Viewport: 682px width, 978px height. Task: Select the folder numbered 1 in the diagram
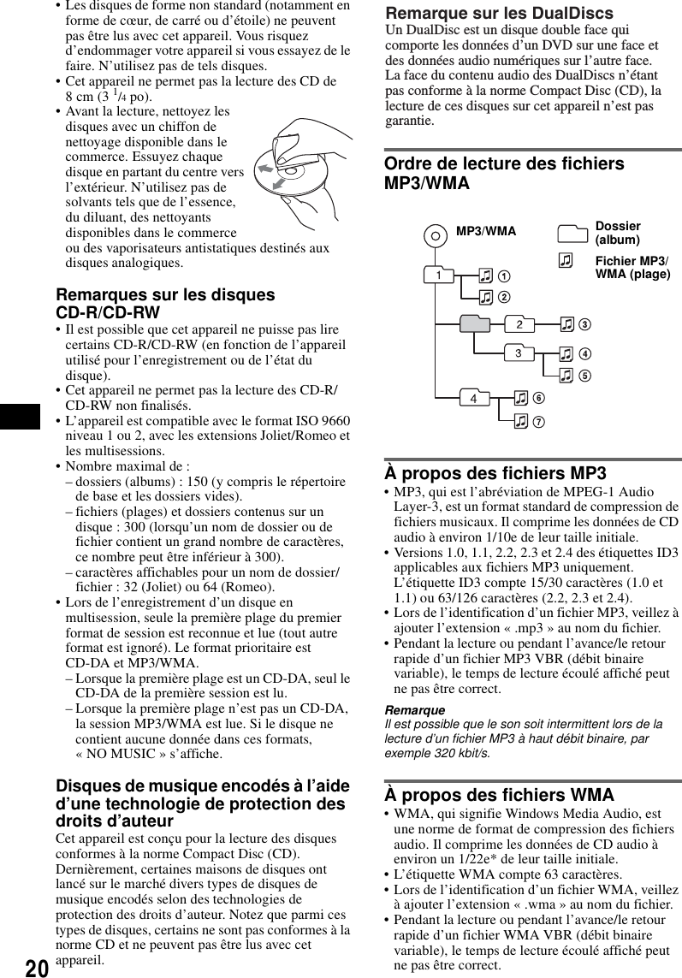tap(438, 276)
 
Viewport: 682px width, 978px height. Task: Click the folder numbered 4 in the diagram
tap(473, 398)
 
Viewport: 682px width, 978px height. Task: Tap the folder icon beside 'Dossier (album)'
tap(571, 233)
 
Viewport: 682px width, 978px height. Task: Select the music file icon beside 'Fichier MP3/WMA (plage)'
tap(566, 262)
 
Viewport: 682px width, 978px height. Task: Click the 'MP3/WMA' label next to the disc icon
tap(485, 231)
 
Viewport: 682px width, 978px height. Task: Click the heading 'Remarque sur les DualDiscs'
tap(499, 13)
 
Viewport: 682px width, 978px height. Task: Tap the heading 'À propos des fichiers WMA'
tap(499, 795)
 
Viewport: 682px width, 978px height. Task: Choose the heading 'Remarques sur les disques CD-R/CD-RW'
tap(165, 304)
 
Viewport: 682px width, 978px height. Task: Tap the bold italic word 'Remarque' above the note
tap(414, 710)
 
